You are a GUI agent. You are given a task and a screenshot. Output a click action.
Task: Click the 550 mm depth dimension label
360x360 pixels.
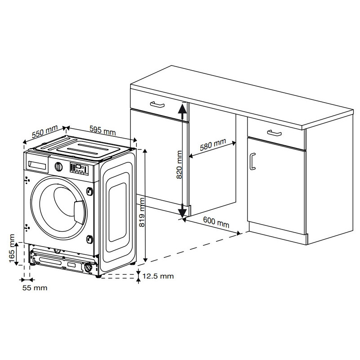pyautogui.click(x=45, y=132)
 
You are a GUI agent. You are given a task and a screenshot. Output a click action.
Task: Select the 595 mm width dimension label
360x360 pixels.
pyautogui.click(x=103, y=130)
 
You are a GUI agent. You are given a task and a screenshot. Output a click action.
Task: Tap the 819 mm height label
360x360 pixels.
pyautogui.click(x=142, y=212)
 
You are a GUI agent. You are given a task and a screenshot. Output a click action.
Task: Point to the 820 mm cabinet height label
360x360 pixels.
pyautogui.click(x=179, y=165)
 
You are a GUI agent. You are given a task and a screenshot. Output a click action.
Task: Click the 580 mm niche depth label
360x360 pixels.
pyautogui.click(x=213, y=144)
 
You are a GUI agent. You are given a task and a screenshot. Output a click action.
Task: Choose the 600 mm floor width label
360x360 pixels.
pyautogui.click(x=216, y=222)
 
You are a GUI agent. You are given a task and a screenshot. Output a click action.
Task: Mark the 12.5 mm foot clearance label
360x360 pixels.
pyautogui.click(x=158, y=276)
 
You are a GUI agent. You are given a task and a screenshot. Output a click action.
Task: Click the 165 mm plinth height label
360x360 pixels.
pyautogui.click(x=12, y=249)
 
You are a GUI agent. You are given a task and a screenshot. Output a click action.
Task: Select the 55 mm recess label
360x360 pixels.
pyautogui.click(x=35, y=288)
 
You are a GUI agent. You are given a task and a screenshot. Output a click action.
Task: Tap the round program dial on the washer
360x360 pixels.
pyautogui.click(x=58, y=166)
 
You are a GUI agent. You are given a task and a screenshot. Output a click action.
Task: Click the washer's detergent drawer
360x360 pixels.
pyautogui.click(x=38, y=163)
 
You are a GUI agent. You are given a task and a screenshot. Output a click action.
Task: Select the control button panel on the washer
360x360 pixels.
pyautogui.click(x=79, y=169)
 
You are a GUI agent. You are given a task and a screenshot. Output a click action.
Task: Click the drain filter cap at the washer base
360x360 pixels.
pyautogui.click(x=88, y=268)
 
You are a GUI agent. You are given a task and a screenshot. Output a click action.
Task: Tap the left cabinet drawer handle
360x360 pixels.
pyautogui.click(x=157, y=105)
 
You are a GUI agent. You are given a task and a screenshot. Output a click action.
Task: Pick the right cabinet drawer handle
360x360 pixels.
pyautogui.click(x=274, y=133)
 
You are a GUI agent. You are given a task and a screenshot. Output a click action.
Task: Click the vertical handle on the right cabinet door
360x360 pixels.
pyautogui.click(x=252, y=162)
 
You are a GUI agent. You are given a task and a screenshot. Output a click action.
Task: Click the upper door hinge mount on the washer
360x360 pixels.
pyautogui.click(x=90, y=191)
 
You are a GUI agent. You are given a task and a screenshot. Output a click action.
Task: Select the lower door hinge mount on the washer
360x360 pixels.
pyautogui.click(x=90, y=239)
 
